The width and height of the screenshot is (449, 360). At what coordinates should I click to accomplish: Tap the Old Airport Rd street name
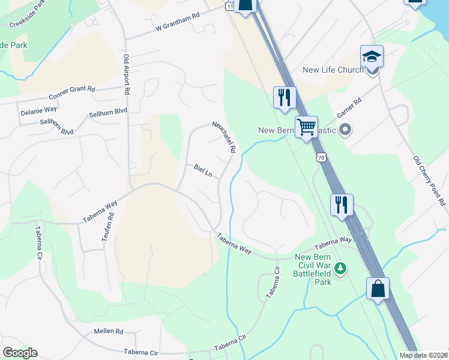click(x=127, y=76)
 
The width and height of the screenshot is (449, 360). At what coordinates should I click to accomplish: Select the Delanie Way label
click(x=38, y=110)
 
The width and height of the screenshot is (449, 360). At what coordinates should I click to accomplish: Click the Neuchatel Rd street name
click(x=223, y=137)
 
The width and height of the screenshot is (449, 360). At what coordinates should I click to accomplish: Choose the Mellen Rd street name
click(x=108, y=331)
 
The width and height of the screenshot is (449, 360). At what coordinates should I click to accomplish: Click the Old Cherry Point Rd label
click(x=430, y=181)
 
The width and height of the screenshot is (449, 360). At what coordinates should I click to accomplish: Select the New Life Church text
click(x=333, y=70)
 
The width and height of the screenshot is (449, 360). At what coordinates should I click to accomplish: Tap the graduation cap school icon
click(x=372, y=57)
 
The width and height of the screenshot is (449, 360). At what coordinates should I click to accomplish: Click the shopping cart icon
click(x=306, y=127)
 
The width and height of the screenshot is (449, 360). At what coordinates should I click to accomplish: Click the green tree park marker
click(x=341, y=268)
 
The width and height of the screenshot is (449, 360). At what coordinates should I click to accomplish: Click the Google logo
click(x=20, y=353)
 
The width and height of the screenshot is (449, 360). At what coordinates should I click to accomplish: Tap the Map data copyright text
click(x=424, y=355)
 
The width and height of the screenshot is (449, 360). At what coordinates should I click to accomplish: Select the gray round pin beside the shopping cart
click(x=345, y=129)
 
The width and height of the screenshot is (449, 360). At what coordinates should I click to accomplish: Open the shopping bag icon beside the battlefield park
click(x=378, y=288)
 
